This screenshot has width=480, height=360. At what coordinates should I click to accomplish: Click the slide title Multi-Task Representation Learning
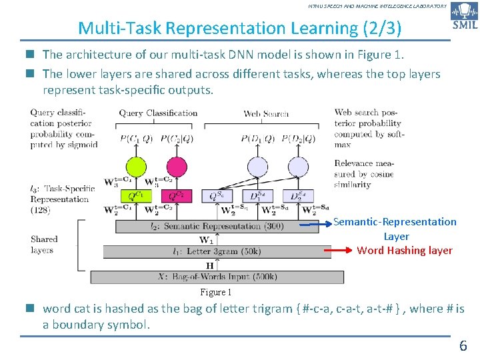point(239,28)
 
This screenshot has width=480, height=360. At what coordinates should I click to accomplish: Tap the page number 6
point(463,345)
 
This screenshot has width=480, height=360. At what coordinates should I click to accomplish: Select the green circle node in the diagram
point(135,167)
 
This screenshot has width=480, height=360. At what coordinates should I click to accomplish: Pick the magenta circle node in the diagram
point(177,167)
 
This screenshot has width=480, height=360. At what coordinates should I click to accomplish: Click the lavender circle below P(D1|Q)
point(257,167)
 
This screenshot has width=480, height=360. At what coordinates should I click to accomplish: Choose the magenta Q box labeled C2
point(177,195)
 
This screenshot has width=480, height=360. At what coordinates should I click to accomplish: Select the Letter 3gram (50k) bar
point(217,251)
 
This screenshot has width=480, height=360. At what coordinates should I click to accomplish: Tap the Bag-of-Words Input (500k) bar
point(217,277)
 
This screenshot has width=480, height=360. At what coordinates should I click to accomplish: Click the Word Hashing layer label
point(405,251)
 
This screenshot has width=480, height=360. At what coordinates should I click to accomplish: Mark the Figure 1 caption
point(216,292)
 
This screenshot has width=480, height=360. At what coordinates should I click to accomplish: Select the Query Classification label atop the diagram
point(158,113)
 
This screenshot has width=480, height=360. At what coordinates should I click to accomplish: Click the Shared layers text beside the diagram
point(44,245)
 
